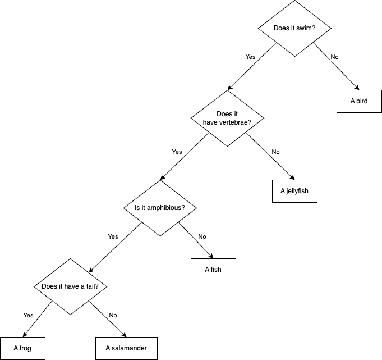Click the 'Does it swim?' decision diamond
coord(294,29)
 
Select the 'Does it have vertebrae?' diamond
coord(227,117)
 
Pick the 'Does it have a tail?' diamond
coord(70,286)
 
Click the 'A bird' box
coord(359,101)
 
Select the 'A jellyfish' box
coord(294,191)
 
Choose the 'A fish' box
coord(213,270)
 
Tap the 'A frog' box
coord(22,348)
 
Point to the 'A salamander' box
coord(122,348)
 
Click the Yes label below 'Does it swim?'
coord(250,57)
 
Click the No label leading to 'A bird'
coord(334,57)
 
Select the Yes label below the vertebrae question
coord(177,152)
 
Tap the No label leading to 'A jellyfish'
coord(275,152)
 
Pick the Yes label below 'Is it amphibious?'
coord(113,236)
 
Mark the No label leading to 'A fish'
coord(202,236)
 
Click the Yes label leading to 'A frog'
coord(29,315)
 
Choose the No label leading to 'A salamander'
coord(113,315)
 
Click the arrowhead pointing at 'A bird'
coord(356,88)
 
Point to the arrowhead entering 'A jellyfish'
coord(292,177)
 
